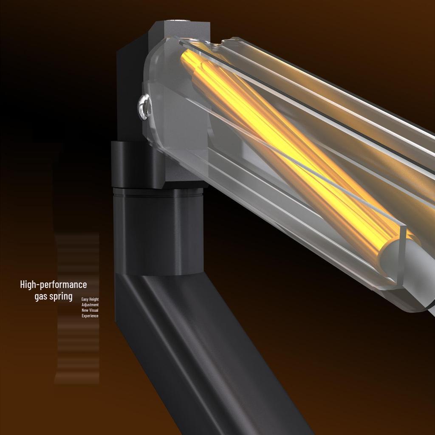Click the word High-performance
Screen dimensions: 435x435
coord(54,285)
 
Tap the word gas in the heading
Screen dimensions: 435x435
coord(41,296)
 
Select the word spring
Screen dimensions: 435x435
coord(61,296)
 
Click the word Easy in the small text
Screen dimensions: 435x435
coord(85,299)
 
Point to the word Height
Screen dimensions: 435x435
coord(94,299)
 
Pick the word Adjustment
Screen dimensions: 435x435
coord(90,305)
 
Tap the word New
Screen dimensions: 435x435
coord(85,310)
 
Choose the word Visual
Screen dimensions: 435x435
coord(94,310)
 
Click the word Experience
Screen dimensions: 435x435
coord(90,316)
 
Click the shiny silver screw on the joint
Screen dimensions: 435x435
coord(144,107)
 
